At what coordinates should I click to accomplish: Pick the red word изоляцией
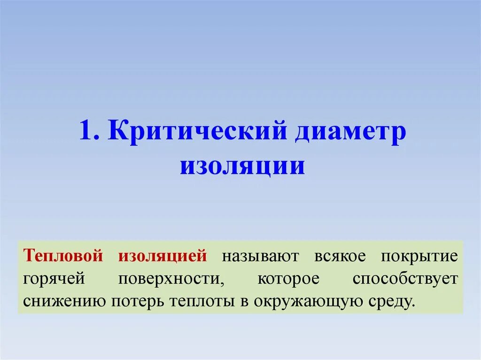tap(163, 256)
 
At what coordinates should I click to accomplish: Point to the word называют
tap(260, 257)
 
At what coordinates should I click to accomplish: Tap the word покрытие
tap(419, 257)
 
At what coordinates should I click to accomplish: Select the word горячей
tap(53, 278)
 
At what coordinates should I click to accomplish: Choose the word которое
tap(288, 278)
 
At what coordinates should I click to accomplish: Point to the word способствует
tap(405, 279)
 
